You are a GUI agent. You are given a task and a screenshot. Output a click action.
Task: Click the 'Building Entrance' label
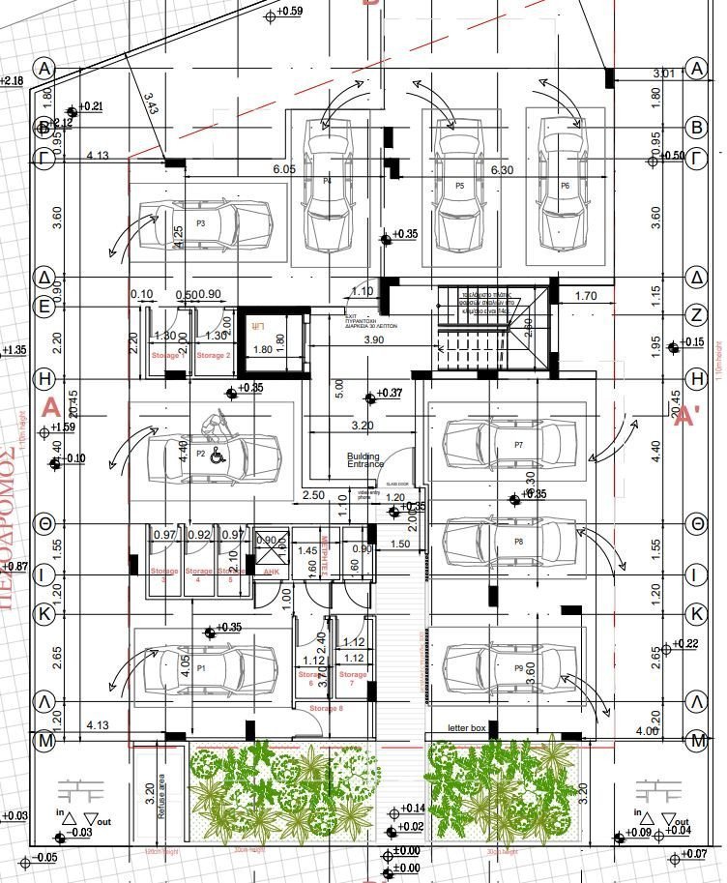[363, 460]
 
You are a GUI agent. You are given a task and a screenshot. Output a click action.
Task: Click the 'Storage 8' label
[326, 709]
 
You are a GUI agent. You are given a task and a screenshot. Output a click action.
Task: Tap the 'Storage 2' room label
[214, 356]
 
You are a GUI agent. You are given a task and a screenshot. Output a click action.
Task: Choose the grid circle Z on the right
[696, 313]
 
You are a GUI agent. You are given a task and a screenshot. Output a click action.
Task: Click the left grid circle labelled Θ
[44, 523]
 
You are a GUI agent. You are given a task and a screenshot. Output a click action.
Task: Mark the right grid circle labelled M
[696, 742]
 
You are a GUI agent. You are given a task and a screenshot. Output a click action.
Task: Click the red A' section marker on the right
[687, 417]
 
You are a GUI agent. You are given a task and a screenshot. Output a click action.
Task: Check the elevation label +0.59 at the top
[289, 12]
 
